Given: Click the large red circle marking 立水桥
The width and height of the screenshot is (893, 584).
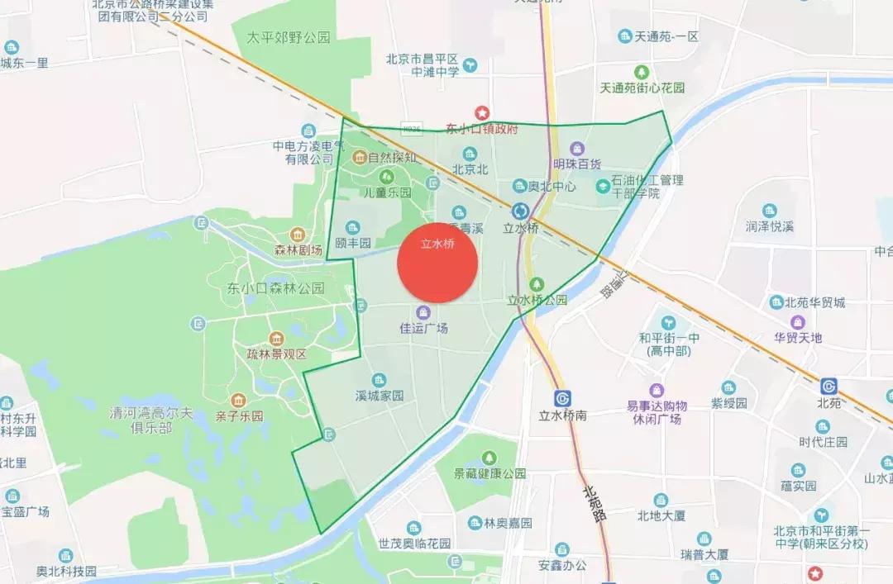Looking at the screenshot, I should pos(438,262).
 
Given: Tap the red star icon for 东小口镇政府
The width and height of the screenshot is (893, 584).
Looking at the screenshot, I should pos(481,112).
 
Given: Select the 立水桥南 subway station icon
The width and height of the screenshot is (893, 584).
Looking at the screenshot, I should pos(563,397).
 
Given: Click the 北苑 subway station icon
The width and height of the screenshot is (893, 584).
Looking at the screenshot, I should pos(829,386).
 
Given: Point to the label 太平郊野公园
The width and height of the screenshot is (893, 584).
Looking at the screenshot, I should pos(289,37).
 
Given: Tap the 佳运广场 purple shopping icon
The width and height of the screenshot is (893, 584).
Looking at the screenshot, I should pos(423,311).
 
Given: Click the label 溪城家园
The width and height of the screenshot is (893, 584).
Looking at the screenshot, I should pos(380,396).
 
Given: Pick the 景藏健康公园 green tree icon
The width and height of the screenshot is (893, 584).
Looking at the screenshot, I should pos(489,457).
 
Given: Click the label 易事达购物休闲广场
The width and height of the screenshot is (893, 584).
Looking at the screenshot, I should pos(657,412).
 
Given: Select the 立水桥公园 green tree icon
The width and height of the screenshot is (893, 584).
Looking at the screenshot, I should pos(537,285).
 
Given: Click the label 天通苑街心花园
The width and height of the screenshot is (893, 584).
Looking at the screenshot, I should pos(641,88).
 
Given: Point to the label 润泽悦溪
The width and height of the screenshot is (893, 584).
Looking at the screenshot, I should pos(769,226).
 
